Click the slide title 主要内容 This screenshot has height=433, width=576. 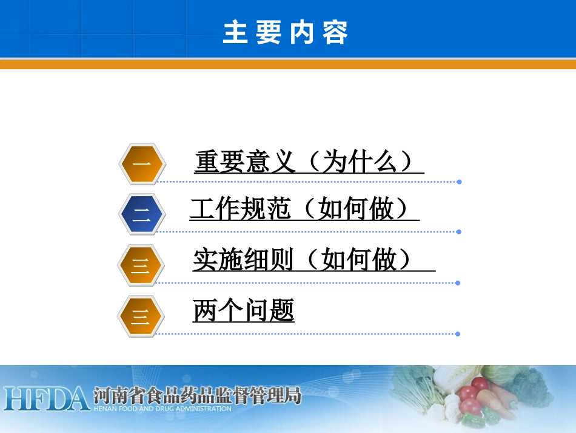coord(285,32)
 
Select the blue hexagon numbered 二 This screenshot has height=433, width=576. coord(141,214)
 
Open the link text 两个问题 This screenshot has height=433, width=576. coord(244,311)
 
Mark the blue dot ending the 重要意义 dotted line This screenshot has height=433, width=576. coord(459,182)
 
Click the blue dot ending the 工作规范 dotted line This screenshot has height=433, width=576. coord(459,231)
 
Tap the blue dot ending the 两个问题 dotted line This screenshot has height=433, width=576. coord(458,333)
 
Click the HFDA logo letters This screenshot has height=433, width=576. coord(45,398)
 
